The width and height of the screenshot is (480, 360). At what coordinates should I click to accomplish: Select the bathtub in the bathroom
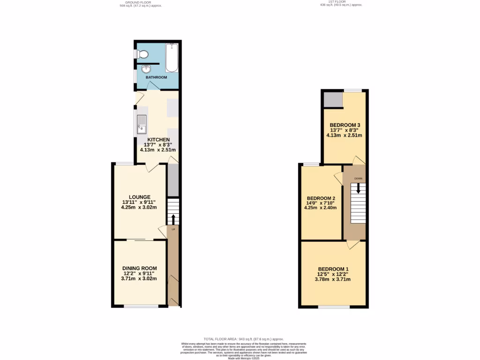(172, 58)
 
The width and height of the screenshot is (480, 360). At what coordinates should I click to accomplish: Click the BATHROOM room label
(155, 77)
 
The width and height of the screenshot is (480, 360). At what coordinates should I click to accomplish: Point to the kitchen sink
(142, 124)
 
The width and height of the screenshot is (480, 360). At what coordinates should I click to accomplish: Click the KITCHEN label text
(158, 140)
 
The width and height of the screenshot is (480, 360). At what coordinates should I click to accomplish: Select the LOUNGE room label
(140, 197)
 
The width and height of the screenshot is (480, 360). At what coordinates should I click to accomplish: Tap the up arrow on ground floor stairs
(173, 219)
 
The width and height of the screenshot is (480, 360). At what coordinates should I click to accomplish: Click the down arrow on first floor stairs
(359, 188)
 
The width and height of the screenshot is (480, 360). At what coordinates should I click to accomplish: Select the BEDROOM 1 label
(333, 269)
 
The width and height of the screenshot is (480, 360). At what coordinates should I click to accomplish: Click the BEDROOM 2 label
(321, 198)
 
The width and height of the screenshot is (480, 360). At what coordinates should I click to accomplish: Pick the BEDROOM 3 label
(345, 125)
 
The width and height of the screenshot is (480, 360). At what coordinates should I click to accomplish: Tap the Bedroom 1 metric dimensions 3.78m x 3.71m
(333, 279)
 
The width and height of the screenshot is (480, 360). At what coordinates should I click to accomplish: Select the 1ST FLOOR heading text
(341, 2)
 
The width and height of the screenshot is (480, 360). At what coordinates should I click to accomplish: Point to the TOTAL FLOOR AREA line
(243, 339)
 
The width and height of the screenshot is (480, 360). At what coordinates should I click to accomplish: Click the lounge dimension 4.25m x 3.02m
(139, 207)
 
